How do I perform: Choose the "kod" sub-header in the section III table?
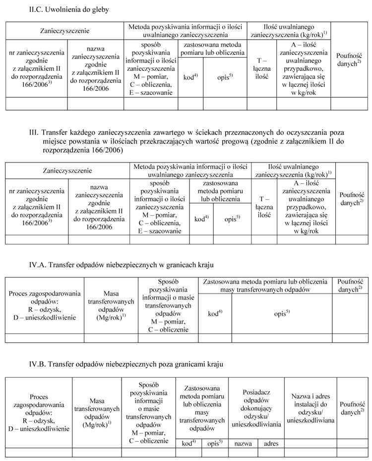pos(201,218)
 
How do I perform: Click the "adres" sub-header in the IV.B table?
pos(271,443)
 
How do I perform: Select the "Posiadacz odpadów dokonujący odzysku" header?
pos(255,407)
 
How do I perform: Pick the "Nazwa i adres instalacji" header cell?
pos(310,407)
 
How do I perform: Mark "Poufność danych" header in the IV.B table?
pos(351,407)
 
